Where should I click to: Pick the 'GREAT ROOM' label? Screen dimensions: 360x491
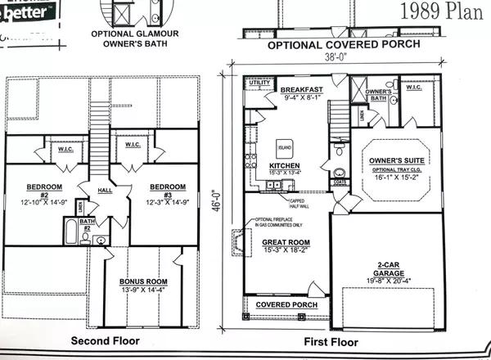pos(284,243)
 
